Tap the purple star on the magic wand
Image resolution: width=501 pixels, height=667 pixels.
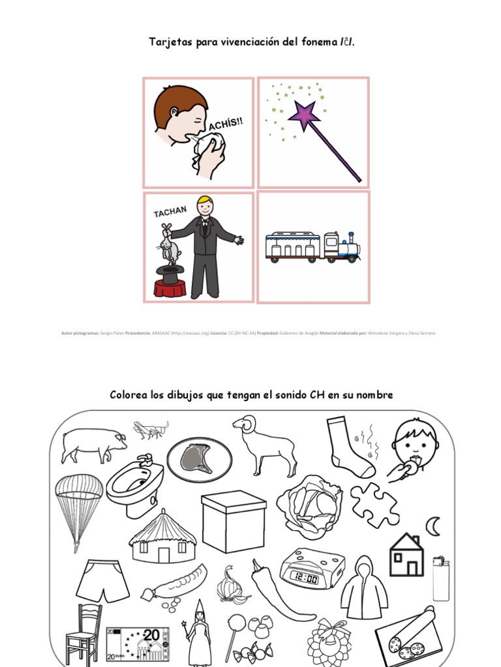[305, 115]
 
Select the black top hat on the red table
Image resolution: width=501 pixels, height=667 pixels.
[170, 274]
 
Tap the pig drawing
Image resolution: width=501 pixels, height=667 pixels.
[93, 444]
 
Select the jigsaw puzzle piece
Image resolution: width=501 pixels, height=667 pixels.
[375, 504]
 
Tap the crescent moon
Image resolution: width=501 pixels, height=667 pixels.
[433, 524]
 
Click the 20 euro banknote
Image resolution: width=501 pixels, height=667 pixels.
[138, 644]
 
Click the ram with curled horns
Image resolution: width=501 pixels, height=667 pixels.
[264, 444]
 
